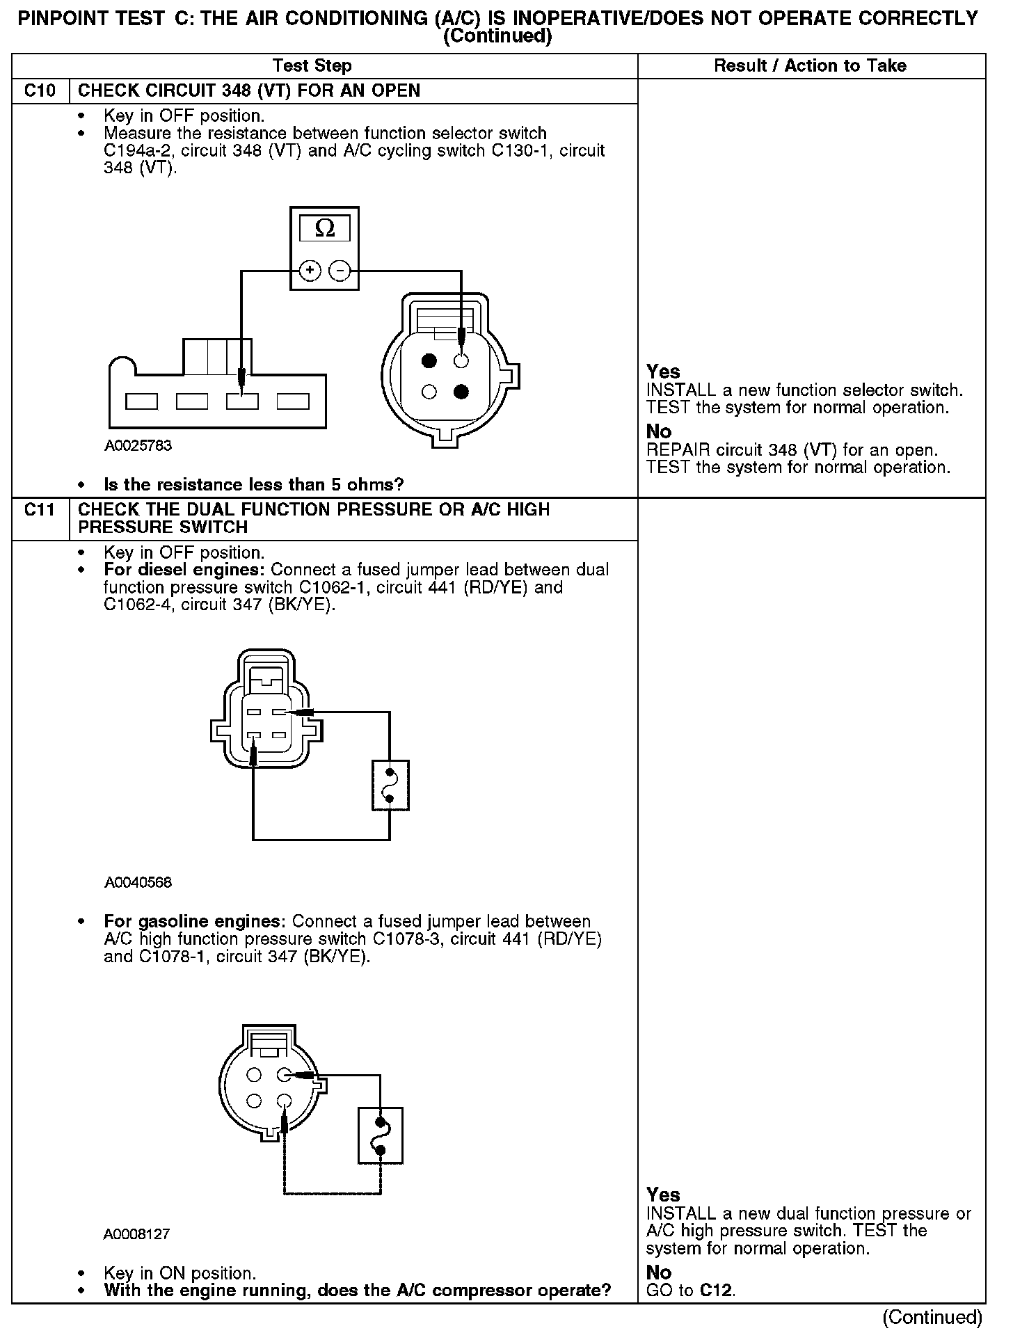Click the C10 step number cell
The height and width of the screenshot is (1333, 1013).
click(40, 91)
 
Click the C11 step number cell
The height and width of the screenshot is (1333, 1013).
click(40, 510)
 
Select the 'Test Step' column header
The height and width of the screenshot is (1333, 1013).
click(312, 66)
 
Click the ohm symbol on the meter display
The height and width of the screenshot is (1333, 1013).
click(324, 228)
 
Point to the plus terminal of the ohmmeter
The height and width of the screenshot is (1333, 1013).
click(310, 270)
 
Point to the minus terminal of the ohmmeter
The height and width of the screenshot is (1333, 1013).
click(340, 270)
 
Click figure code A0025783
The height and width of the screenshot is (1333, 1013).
click(138, 445)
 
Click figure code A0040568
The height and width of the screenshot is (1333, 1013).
click(138, 882)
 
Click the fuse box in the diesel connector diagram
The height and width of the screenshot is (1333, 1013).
click(390, 785)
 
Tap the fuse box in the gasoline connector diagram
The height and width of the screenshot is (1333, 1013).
click(381, 1135)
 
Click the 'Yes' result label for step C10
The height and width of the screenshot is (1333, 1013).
click(662, 372)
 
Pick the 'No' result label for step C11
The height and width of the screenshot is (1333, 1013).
click(658, 1272)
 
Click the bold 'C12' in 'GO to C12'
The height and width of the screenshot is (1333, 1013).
click(717, 1291)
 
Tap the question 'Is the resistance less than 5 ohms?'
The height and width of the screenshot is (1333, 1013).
click(253, 484)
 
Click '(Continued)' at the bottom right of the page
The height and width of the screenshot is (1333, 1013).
click(932, 1317)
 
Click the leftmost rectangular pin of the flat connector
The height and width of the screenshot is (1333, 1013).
click(141, 401)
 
